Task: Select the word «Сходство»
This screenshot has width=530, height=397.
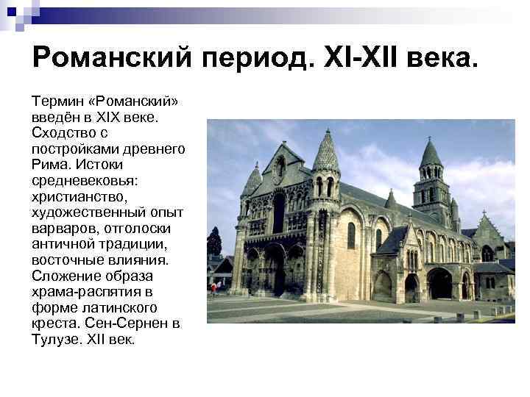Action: pos(62,132)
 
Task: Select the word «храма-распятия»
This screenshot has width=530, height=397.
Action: pos(79,292)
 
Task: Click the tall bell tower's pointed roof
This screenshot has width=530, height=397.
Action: pos(431,152)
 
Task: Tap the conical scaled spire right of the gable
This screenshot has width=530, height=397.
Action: pos(325,151)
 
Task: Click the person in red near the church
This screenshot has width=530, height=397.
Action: pos(213,287)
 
